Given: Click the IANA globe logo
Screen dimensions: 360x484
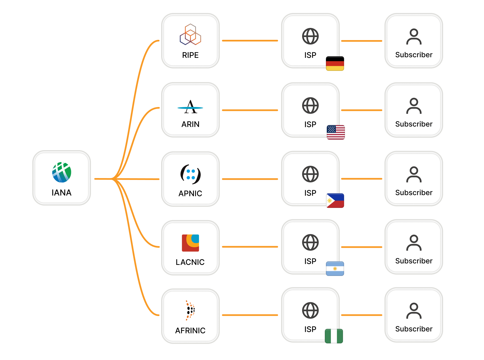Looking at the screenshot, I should (62, 172).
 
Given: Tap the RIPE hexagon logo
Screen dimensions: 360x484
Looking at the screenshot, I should (190, 35).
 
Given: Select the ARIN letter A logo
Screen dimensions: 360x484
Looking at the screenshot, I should (190, 107).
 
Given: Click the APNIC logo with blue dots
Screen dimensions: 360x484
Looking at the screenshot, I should (190, 174).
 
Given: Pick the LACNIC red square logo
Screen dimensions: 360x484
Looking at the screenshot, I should (190, 243).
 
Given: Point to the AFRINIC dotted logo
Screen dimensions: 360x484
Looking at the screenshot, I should (190, 310).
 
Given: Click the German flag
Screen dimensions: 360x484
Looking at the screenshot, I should (335, 64).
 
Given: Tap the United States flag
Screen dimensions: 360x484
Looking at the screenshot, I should (336, 132).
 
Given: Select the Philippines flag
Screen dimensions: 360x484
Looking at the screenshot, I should (335, 200).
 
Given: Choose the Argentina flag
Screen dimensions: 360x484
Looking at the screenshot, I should (335, 268).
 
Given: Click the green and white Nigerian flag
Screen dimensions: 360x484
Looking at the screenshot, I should (334, 336).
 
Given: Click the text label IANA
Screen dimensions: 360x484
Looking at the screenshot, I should (62, 192).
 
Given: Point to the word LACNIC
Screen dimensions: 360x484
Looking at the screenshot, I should (190, 262).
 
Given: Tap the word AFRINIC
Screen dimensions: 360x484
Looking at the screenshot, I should (190, 330).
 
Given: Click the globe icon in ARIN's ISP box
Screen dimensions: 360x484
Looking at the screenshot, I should (310, 105).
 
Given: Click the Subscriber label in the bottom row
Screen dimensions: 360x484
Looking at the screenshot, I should (414, 329).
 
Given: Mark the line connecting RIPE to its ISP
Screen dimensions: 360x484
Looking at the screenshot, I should (250, 41).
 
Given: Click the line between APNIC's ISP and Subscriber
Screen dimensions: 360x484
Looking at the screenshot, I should (362, 179).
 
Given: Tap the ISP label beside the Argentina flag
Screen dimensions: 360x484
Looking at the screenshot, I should (310, 261).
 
